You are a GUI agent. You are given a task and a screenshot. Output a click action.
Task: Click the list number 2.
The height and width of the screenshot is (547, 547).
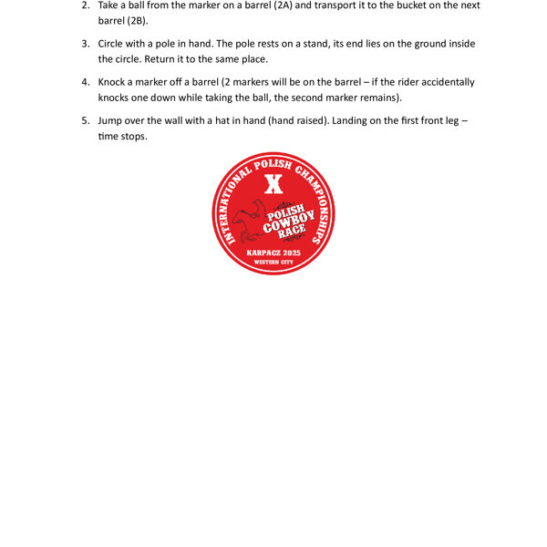coord(86,5)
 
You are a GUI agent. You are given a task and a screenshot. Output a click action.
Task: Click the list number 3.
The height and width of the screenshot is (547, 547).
coord(86,44)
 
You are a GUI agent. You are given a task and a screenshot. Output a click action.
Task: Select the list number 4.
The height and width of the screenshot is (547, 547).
coord(86,82)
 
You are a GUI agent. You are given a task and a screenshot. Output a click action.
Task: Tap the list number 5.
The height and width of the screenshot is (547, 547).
coord(86,120)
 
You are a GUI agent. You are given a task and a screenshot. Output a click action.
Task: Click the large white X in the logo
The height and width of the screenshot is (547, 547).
coord(272,184)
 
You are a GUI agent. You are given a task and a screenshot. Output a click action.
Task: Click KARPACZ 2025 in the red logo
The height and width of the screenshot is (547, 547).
coord(273,252)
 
